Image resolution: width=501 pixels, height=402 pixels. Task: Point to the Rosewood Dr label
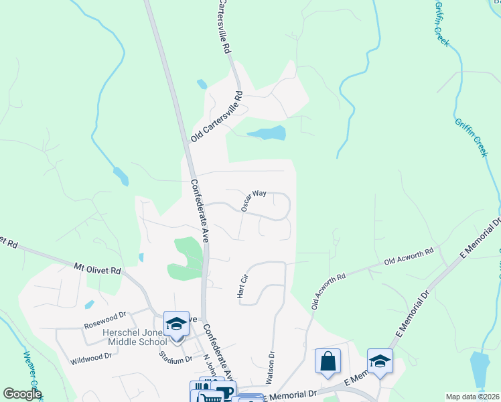point(104,320)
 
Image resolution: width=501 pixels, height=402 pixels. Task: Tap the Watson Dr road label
point(270,368)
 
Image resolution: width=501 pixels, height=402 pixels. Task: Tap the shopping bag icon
point(328,361)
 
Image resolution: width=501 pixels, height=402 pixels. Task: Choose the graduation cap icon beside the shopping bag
point(380,361)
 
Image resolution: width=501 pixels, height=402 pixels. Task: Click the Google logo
point(22,394)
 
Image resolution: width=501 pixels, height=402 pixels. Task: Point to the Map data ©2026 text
point(472,397)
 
